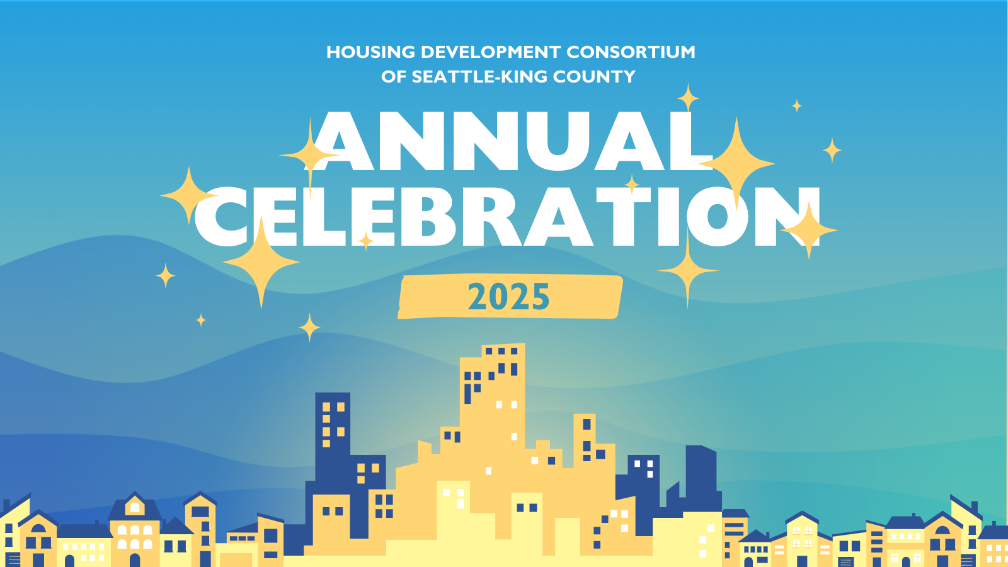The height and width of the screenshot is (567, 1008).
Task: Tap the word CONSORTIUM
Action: click(x=631, y=52)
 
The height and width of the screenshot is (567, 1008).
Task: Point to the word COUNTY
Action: click(x=594, y=77)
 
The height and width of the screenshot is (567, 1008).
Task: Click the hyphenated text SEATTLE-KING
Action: click(x=479, y=77)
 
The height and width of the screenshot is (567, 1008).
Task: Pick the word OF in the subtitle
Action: click(x=393, y=77)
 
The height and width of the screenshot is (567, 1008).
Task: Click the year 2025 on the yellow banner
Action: click(x=508, y=297)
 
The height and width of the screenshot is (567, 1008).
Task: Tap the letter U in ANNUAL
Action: click(x=563, y=142)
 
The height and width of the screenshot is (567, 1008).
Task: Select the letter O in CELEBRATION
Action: click(x=718, y=217)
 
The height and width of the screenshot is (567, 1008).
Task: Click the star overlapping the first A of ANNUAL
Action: click(x=309, y=154)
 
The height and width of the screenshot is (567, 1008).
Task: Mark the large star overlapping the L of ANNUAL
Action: click(x=736, y=163)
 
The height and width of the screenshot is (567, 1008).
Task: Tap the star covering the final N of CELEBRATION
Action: click(x=810, y=231)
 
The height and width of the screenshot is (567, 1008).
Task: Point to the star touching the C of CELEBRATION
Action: click(x=188, y=195)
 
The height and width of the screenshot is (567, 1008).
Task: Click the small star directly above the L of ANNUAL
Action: click(x=688, y=98)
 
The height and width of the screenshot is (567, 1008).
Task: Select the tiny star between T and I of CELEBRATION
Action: click(x=632, y=185)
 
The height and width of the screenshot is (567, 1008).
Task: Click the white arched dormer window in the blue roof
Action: click(x=135, y=507)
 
